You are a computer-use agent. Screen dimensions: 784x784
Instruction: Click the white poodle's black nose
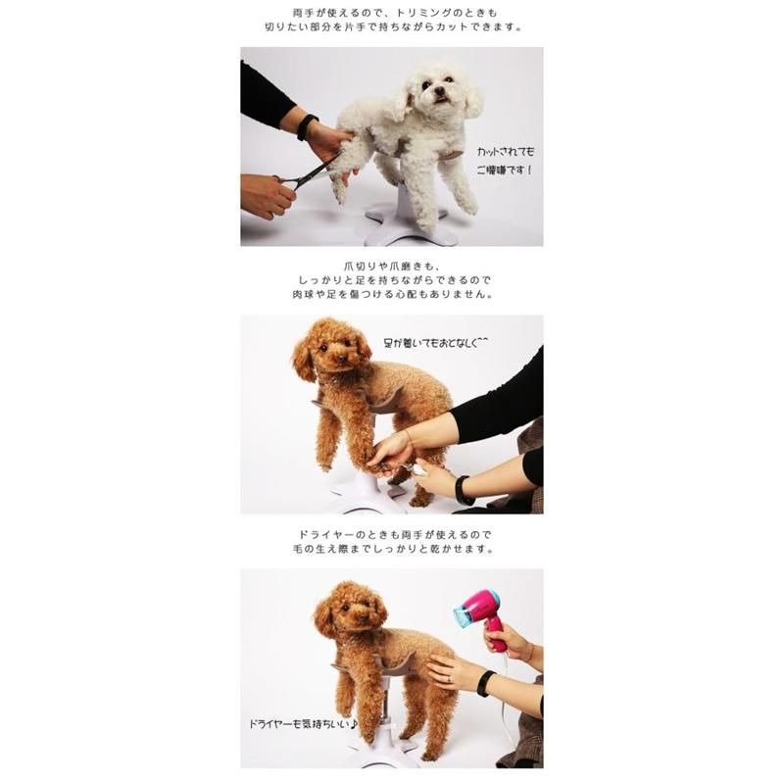(x=438, y=90)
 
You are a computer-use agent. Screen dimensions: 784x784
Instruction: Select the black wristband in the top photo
(x=306, y=127)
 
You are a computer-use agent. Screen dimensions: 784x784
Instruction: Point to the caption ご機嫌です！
(x=504, y=170)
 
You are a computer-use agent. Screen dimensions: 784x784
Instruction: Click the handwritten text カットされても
(x=505, y=152)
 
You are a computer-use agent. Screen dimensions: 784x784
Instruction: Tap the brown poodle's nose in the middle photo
(x=341, y=358)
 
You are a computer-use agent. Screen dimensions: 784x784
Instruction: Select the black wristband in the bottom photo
(x=484, y=684)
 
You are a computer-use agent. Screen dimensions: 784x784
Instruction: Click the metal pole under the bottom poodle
(x=384, y=710)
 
